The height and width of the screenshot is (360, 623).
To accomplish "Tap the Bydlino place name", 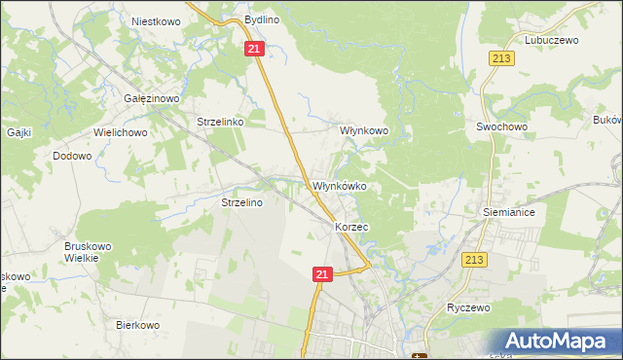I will (x=262, y=19).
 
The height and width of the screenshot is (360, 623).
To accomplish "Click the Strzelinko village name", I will (x=226, y=122).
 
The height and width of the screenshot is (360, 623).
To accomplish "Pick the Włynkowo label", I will (x=363, y=129).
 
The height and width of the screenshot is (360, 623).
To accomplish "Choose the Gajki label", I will (x=19, y=131).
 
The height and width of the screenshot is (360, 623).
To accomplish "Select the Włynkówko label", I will (x=338, y=186).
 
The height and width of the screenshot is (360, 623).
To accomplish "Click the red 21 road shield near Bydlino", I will (x=254, y=49).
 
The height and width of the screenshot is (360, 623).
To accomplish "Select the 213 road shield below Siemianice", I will (x=474, y=260).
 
